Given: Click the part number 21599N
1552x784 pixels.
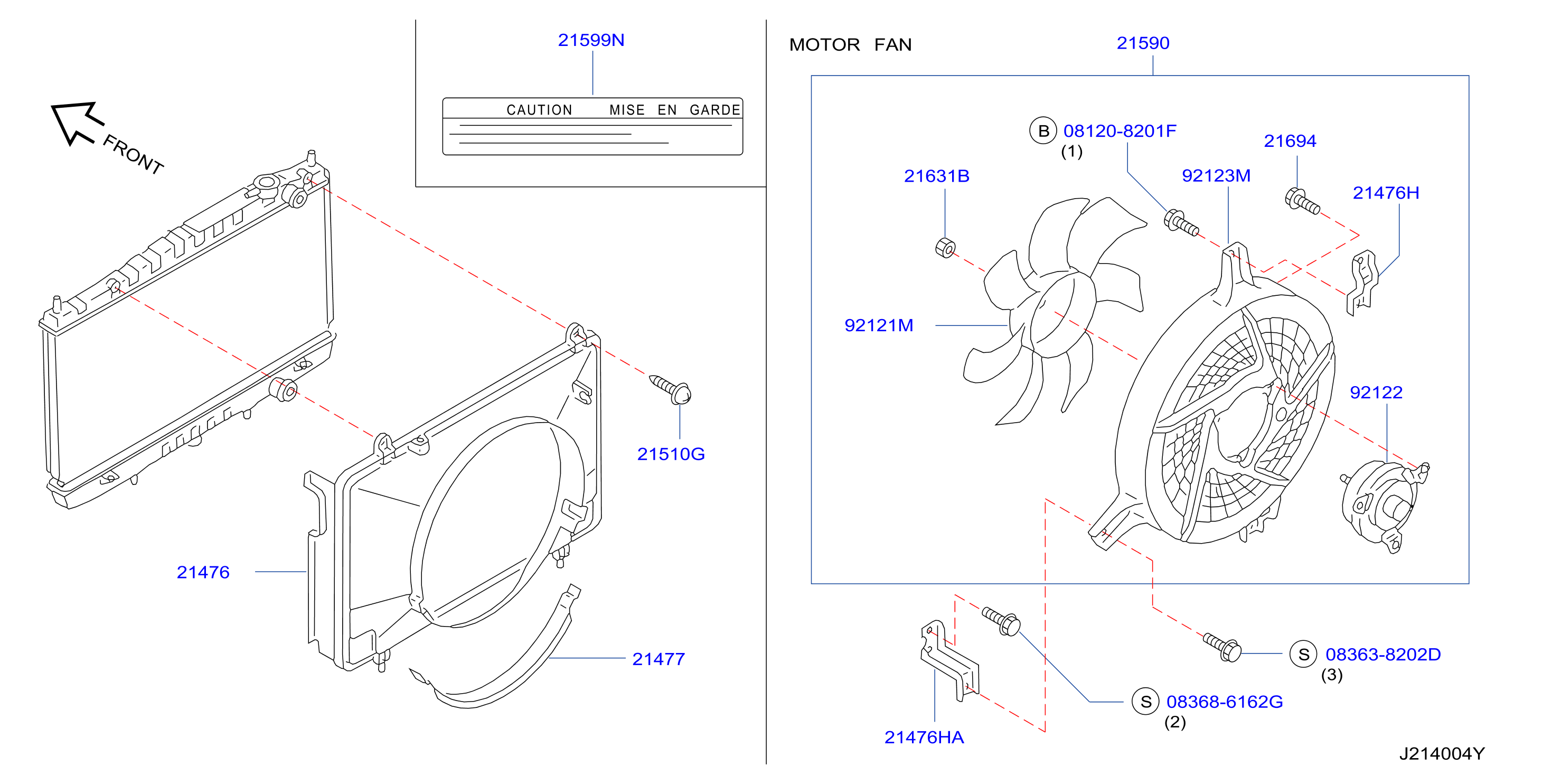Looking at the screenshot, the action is [590, 40].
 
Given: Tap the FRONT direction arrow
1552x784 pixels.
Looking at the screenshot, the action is [77, 123].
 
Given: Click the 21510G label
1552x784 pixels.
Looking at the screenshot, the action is [671, 454].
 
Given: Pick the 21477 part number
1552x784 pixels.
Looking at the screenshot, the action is [658, 659].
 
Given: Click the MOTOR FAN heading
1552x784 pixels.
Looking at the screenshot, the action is [850, 44].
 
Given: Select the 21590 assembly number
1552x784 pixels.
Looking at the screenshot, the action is [1142, 43].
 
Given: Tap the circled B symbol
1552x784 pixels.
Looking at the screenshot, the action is [1043, 131].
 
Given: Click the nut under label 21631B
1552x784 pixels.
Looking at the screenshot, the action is [945, 248].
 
